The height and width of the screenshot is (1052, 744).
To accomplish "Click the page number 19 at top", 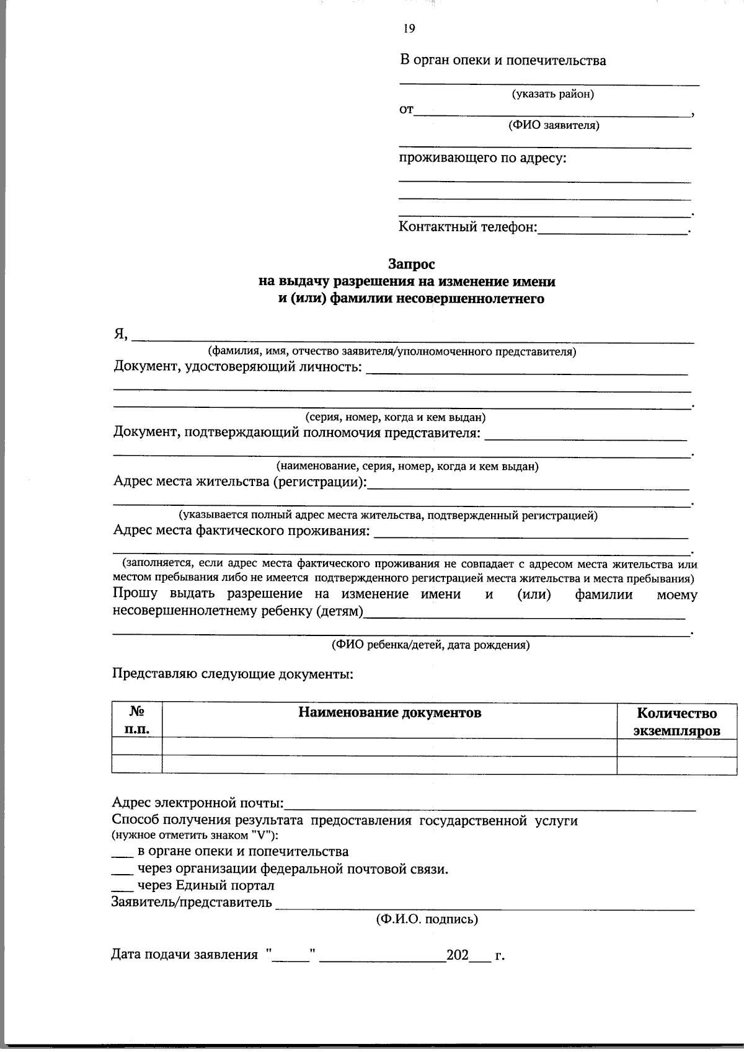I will [409, 29].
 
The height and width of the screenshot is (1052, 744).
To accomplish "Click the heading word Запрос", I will [412, 264].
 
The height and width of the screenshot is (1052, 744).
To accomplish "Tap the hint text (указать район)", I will [552, 94].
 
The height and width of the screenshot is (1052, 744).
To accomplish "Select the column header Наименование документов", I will [389, 713].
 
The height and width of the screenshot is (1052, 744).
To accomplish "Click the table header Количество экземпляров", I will [676, 722].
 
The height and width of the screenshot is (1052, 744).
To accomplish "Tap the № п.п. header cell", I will [137, 720].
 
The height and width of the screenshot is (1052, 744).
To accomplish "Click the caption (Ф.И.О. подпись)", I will [427, 919].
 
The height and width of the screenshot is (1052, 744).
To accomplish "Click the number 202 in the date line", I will [458, 955].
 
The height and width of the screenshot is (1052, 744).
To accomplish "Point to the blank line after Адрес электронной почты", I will [490, 808].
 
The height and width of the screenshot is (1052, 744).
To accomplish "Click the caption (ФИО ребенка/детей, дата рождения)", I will [430, 645].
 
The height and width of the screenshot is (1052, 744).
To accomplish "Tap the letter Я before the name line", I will [120, 334].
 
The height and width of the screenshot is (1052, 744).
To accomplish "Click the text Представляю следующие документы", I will [232, 673].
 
